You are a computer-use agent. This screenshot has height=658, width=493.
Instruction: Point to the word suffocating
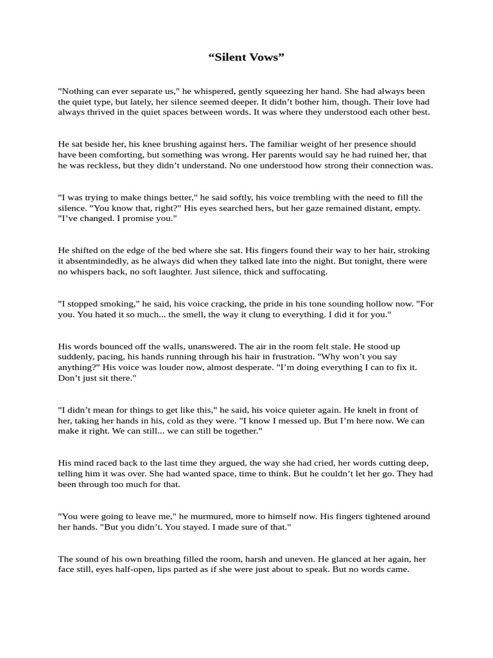point(297,271)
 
